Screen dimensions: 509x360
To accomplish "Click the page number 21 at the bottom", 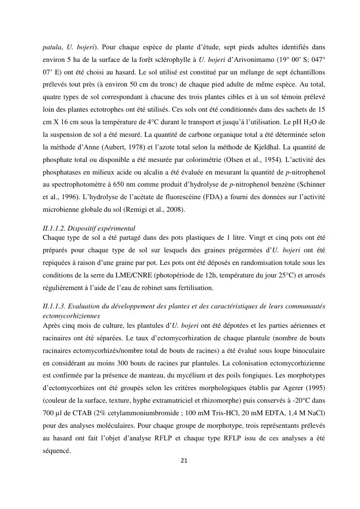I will click(x=183, y=460).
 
